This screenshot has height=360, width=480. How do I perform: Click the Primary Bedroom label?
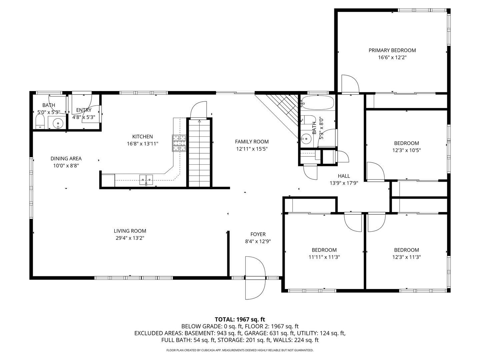pos(392,50)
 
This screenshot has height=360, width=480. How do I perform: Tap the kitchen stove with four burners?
pos(179,143)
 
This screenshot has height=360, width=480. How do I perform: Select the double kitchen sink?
pos(146,179)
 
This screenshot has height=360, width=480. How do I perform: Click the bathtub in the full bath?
pos(317,103)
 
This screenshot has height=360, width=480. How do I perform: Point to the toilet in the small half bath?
pos(40,122)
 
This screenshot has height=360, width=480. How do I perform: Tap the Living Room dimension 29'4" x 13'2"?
pos(130,238)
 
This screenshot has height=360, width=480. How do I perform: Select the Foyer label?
pos(258,234)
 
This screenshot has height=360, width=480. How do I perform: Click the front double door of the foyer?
pos(255,277)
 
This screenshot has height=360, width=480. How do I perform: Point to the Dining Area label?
pos(66,159)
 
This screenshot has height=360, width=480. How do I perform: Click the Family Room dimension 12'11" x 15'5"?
pos(252,149)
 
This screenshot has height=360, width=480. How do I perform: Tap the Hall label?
pos(344,176)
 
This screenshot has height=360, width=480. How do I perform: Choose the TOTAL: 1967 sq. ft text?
pos(240,319)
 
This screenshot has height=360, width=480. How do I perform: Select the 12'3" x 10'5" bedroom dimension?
pos(406,150)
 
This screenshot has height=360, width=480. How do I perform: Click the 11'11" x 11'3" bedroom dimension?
pos(324,257)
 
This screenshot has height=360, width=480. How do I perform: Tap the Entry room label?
pos(84,110)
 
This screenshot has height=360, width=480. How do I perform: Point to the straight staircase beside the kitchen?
pos(199,153)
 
